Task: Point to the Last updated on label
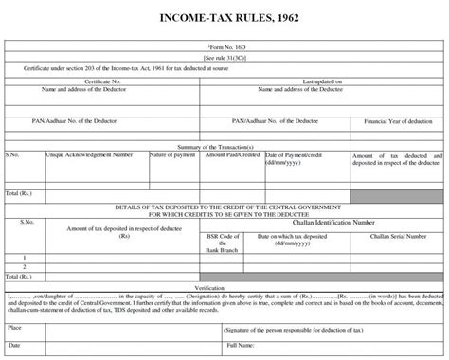pyautogui.click(x=322, y=81)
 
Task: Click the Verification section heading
pyautogui.click(x=224, y=285)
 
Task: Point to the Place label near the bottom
pyautogui.click(x=15, y=327)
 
